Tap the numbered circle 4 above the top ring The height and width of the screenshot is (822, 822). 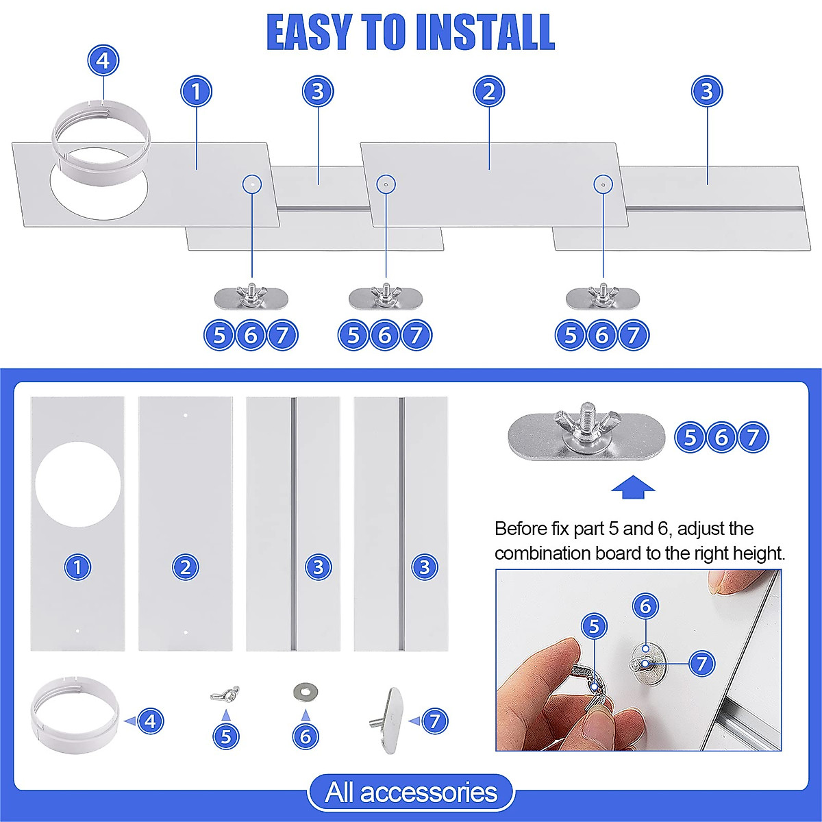(x=103, y=60)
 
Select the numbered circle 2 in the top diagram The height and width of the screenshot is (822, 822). (x=489, y=91)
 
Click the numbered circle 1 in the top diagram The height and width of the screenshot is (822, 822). (x=196, y=91)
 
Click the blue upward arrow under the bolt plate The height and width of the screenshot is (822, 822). (x=633, y=487)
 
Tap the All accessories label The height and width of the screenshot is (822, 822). (x=411, y=792)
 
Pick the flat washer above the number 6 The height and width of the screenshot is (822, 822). (x=306, y=691)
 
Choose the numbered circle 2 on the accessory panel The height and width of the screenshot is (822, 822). (x=186, y=567)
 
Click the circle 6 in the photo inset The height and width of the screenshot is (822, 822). (x=645, y=606)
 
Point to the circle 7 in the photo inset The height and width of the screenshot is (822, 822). (x=701, y=663)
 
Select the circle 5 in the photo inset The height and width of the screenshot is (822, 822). (x=594, y=626)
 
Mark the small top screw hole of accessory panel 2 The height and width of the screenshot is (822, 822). (x=186, y=415)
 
